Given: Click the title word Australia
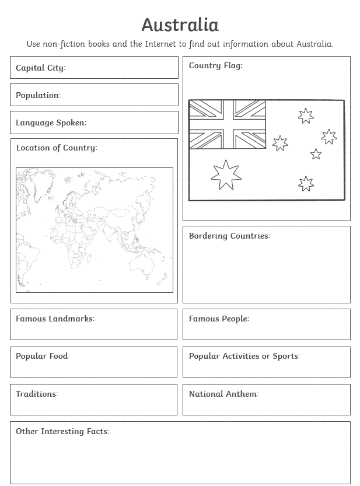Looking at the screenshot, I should (180, 25).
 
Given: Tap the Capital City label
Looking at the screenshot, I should (41, 68).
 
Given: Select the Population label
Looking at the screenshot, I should (38, 95).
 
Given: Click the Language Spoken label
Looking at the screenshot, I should (51, 123).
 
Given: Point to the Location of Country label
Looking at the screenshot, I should (57, 148).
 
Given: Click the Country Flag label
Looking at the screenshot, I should (215, 65).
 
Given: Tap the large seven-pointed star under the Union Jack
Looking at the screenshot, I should (226, 174).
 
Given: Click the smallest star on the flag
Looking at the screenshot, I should (316, 154).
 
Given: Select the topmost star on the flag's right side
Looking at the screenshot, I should (306, 116).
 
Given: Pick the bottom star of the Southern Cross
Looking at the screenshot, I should (306, 184).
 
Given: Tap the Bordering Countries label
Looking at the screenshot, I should (229, 236).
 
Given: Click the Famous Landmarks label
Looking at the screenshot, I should (55, 319).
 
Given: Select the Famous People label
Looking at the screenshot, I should (219, 319).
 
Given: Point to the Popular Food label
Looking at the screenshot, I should (43, 356).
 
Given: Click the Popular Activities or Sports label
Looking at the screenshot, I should (244, 356).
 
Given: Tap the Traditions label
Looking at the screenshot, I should (37, 394).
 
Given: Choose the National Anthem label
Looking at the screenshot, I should (223, 394).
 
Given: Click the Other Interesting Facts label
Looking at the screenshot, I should (62, 431).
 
